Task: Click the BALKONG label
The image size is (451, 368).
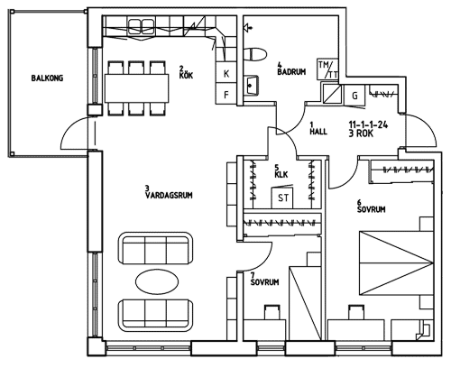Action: coord(47,78)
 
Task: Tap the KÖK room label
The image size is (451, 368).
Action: coord(186,75)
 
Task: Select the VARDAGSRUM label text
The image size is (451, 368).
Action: coord(169,196)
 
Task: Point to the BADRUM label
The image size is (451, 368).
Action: coord(291,72)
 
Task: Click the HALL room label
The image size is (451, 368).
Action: coord(318,132)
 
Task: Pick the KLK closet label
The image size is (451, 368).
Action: coord(281,174)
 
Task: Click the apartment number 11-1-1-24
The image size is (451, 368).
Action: coord(368,124)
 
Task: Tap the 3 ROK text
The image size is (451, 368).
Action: coord(361,133)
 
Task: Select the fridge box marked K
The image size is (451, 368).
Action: coord(226,73)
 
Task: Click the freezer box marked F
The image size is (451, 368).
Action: coord(226,95)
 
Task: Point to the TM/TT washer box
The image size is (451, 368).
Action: coord(327,69)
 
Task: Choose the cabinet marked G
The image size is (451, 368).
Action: coord(354,96)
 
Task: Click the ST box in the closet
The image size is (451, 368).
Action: coord(282,198)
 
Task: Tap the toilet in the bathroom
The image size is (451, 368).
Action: coord(255,55)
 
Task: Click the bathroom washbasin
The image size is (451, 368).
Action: coord(251,85)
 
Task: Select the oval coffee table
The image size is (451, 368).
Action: coord(157,281)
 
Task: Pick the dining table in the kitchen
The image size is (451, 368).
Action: coord(136,88)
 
